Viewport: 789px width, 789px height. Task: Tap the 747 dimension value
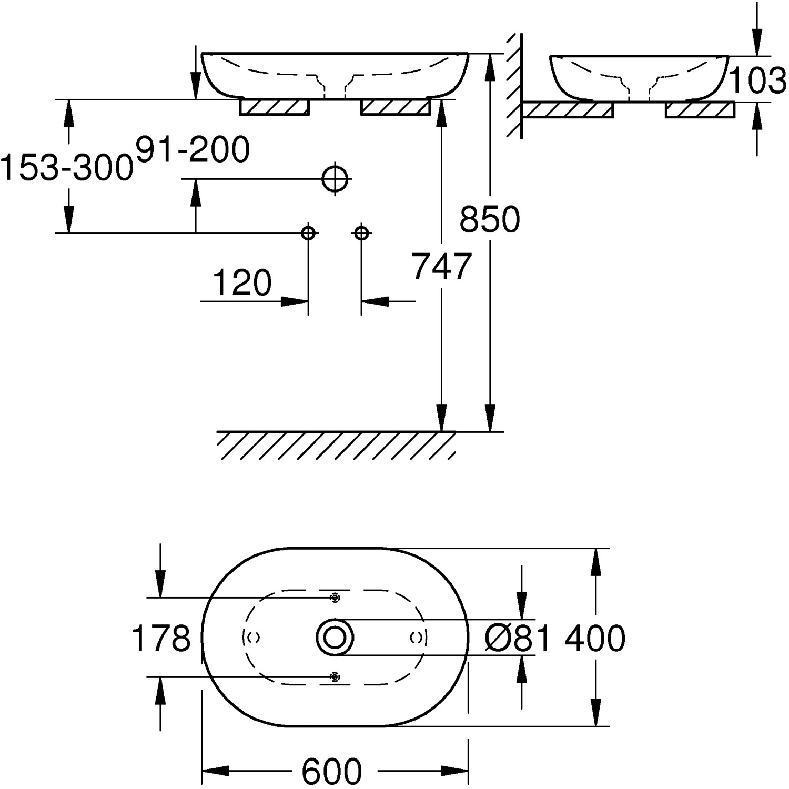coord(441,267)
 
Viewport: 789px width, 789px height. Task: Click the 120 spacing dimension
coord(242,283)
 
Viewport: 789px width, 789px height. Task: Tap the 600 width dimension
coord(332,771)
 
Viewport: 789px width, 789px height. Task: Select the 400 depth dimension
coord(595,638)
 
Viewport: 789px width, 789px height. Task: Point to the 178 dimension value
coord(160,638)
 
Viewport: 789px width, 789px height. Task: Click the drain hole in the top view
coord(335,638)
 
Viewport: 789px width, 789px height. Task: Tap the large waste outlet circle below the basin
coord(336,179)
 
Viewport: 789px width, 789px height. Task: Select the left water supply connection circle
coord(308,232)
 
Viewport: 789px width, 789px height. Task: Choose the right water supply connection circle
coord(361,232)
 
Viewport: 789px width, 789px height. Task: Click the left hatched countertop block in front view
coord(274,107)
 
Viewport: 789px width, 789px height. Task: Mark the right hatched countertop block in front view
coord(396,107)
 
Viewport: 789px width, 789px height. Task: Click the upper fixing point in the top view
coord(334,598)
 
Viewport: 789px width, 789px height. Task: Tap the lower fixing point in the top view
coord(334,677)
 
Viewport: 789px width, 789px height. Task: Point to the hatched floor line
coord(336,444)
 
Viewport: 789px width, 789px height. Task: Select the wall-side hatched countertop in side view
coord(568,110)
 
